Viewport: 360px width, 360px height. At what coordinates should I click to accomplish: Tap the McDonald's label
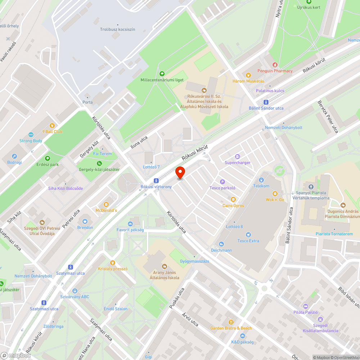coord(106,210)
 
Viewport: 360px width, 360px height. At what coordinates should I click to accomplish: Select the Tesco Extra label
coord(248,241)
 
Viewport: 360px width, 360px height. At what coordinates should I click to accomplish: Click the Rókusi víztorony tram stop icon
coord(156,181)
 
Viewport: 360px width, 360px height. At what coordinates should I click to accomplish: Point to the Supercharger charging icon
coord(237,157)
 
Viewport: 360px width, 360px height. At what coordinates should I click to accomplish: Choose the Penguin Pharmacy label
coord(275,71)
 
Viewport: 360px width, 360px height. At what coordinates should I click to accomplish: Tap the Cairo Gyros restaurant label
coord(233,206)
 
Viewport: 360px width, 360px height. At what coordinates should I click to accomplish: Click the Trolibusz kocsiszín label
coord(117,30)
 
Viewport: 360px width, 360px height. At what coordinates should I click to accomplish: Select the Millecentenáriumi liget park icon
coord(162,73)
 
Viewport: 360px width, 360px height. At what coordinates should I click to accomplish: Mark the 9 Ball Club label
coord(52,131)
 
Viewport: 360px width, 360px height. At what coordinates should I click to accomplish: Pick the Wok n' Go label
coord(275,199)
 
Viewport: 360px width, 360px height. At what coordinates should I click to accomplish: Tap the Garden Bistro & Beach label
coord(231,328)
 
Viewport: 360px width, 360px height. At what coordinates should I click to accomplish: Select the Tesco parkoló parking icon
coord(222,182)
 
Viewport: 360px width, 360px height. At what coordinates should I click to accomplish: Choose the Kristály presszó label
coord(113,269)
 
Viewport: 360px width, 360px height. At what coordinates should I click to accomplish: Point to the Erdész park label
coord(47,165)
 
